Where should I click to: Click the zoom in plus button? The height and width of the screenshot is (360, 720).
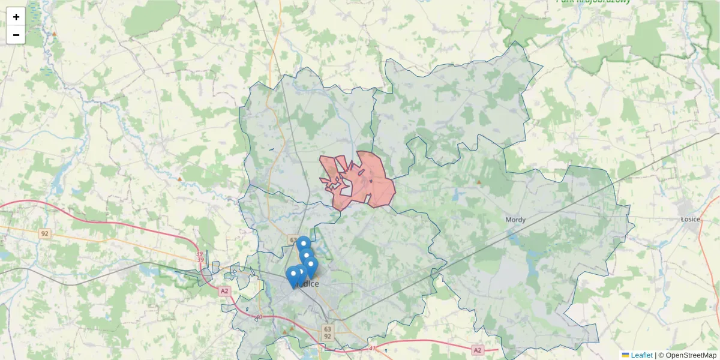coord(16,17)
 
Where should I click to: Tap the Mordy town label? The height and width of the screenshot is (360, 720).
coord(515,220)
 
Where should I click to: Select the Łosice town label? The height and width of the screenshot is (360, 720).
coord(690,219)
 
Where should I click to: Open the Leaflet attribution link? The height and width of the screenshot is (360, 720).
coord(641,355)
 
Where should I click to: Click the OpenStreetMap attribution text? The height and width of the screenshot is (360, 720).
coord(691,355)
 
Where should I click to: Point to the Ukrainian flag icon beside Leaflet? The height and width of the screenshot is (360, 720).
coord(625,355)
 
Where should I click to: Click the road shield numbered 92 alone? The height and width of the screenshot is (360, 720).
coord(44,233)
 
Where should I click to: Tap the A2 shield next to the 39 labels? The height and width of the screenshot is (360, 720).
coord(224,291)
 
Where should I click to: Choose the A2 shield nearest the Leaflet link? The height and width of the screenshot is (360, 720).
coord(477,350)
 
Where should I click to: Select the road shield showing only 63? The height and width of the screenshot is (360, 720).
coord(293,240)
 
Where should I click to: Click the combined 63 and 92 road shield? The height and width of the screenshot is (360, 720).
coord(327,332)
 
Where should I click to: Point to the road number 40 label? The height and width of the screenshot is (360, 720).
coord(259,317)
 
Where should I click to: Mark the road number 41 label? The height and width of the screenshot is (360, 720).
coord(372,347)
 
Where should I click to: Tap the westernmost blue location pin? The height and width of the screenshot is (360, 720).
coord(293,276)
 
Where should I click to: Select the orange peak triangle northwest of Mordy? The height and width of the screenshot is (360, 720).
coord(479,181)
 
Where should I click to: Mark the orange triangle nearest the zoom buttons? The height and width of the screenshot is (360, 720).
coord(54,34)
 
